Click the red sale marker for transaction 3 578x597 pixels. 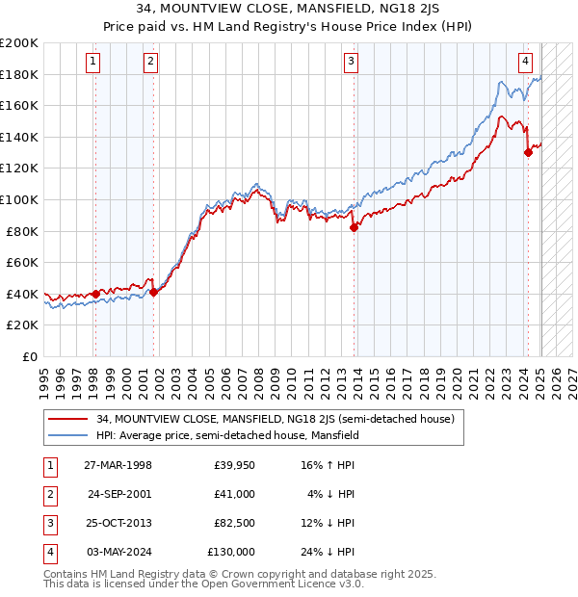coord(355,228)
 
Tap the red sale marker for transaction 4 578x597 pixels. coord(528,152)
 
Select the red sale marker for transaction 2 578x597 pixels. coord(154,293)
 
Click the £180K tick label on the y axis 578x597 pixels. coord(19,74)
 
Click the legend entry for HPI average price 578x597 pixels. coord(227,435)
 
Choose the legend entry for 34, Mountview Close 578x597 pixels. coord(280,419)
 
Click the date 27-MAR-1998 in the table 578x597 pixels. coord(118,465)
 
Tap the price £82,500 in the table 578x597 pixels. coord(234,523)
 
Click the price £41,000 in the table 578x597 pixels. coord(234,494)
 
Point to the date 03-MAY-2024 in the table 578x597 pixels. coord(118,552)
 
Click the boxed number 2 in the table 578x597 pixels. coord(49,494)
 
